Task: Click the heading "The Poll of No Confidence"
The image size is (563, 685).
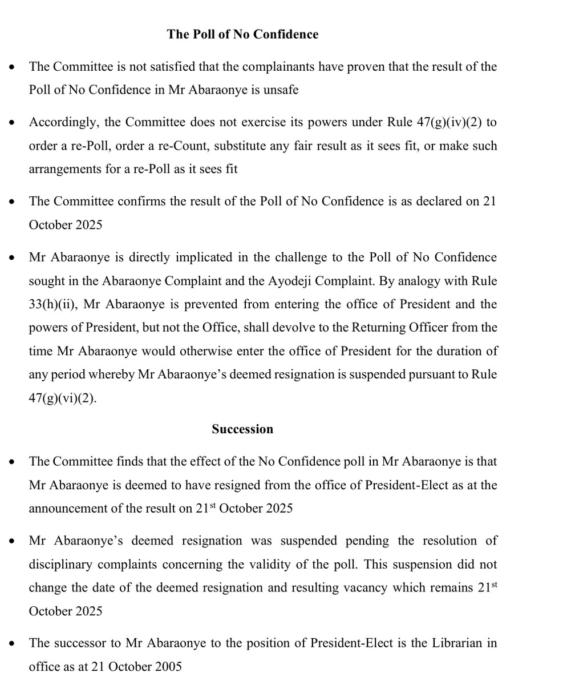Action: [242, 34]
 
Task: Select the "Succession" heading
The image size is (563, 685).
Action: [242, 429]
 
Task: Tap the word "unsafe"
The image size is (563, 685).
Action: [280, 90]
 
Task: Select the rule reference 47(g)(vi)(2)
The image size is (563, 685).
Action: [63, 398]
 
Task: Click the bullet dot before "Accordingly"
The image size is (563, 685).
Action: [12, 123]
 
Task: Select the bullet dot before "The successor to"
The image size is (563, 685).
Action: [12, 644]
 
